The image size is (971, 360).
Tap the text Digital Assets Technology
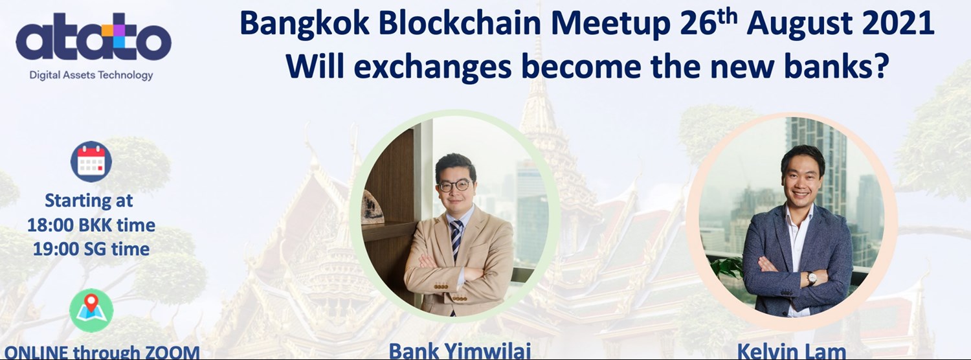tap(91, 75)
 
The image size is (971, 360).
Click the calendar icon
tap(91, 161)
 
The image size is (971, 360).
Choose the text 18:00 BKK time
tap(91, 225)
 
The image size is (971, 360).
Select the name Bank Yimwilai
tap(460, 352)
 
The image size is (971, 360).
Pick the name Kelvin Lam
tap(791, 352)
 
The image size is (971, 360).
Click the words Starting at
tap(89, 200)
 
